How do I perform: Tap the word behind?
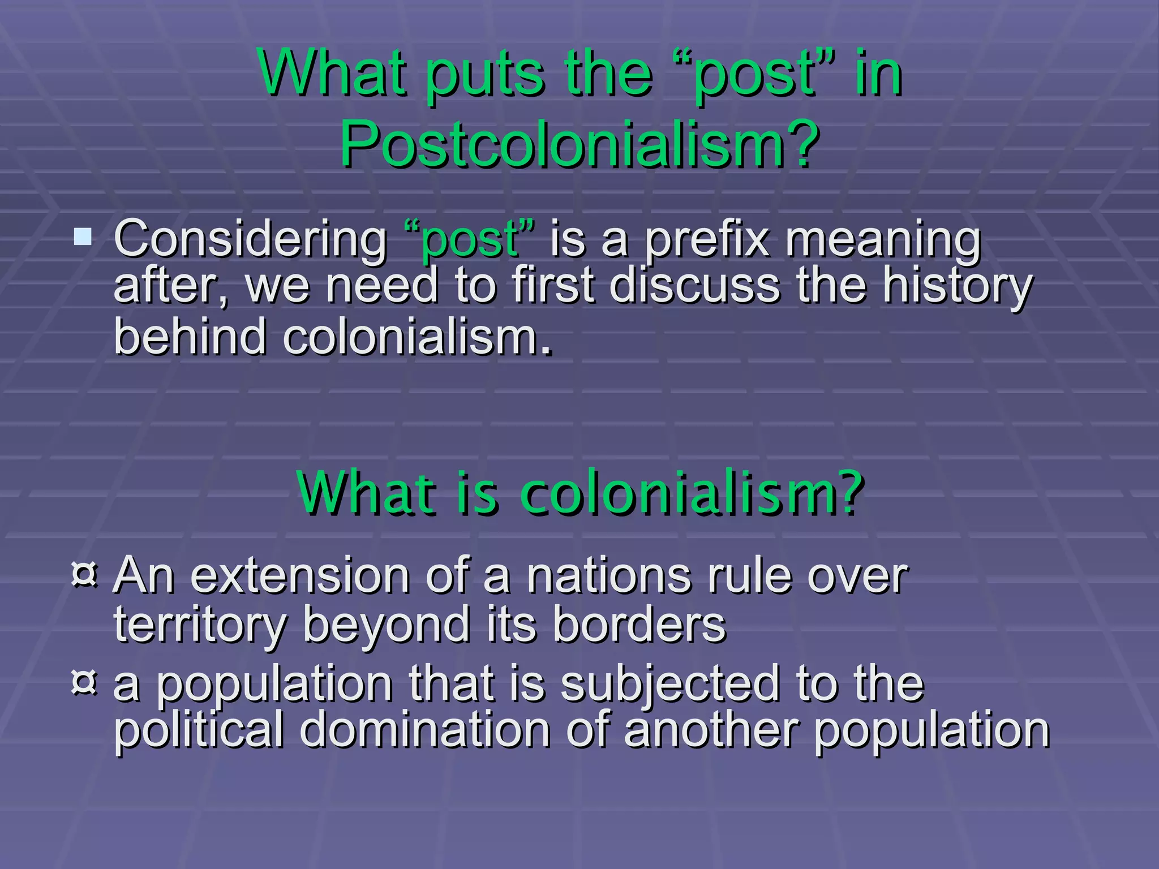pyautogui.click(x=190, y=337)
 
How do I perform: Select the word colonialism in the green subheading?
pyautogui.click(x=690, y=493)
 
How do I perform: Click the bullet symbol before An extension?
pyautogui.click(x=85, y=574)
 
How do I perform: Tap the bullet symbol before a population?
pyautogui.click(x=85, y=682)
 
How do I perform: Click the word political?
pyautogui.click(x=198, y=730)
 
